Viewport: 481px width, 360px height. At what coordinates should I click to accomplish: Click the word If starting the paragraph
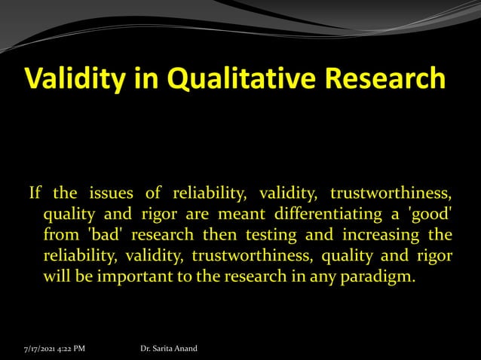tap(35, 194)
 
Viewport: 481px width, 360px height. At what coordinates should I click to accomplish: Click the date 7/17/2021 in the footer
tap(37, 349)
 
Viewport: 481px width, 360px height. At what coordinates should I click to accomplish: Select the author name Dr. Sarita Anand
tap(169, 349)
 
